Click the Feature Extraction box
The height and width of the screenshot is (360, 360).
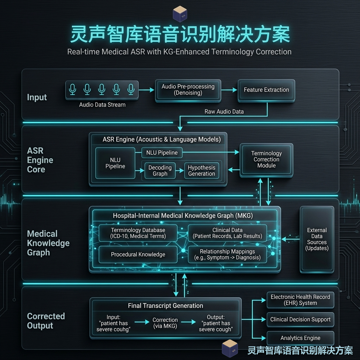[x=266, y=90]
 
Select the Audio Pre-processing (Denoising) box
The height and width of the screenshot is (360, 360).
[x=188, y=90]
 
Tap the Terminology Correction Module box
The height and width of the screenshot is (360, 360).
[x=266, y=160]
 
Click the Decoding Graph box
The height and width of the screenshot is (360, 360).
[x=160, y=171]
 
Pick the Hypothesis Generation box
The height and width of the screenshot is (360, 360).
[x=201, y=171]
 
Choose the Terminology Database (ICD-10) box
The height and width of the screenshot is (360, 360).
[x=138, y=233]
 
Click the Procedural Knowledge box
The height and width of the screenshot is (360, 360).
[x=138, y=255]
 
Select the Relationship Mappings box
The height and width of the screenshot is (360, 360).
[x=227, y=255]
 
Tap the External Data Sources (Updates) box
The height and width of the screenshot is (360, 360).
[x=317, y=239]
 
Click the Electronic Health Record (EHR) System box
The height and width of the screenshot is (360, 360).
[x=300, y=300]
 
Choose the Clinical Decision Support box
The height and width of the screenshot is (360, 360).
[x=300, y=319]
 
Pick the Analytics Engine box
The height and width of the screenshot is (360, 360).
[x=300, y=338]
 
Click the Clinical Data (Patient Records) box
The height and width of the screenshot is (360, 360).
[x=227, y=233]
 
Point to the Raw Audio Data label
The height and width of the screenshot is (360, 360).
[x=224, y=111]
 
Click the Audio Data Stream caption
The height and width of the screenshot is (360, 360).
[x=102, y=105]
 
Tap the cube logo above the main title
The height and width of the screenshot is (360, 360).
[x=180, y=14]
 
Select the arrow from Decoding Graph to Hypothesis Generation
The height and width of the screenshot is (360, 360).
[x=180, y=171]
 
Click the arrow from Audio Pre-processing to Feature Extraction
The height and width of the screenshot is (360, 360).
[x=229, y=90]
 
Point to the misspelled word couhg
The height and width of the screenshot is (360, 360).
[x=121, y=329]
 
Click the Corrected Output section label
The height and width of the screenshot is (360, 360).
[x=46, y=321]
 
